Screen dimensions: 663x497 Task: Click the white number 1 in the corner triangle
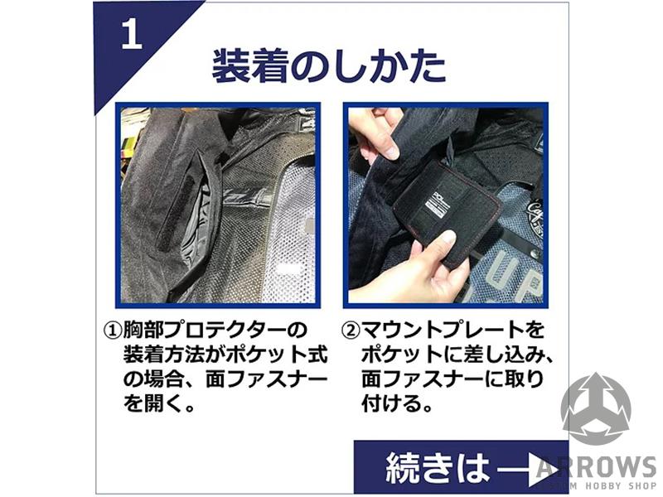pyautogui.click(x=132, y=34)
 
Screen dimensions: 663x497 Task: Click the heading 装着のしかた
pyautogui.click(x=329, y=66)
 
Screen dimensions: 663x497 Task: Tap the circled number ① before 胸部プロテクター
pyautogui.click(x=112, y=330)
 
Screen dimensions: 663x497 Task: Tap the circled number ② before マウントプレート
pyautogui.click(x=350, y=330)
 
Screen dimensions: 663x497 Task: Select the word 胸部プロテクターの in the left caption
pyautogui.click(x=215, y=330)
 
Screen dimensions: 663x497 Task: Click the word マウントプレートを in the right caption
pyautogui.click(x=452, y=330)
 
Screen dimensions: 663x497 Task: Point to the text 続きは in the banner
pyautogui.click(x=438, y=467)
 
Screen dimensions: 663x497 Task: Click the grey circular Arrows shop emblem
pyautogui.click(x=596, y=408)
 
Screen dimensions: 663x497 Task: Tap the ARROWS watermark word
pyautogui.click(x=596, y=466)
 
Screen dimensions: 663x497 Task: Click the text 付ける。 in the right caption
pyautogui.click(x=398, y=403)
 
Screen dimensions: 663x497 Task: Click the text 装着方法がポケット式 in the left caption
pyautogui.click(x=225, y=355)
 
